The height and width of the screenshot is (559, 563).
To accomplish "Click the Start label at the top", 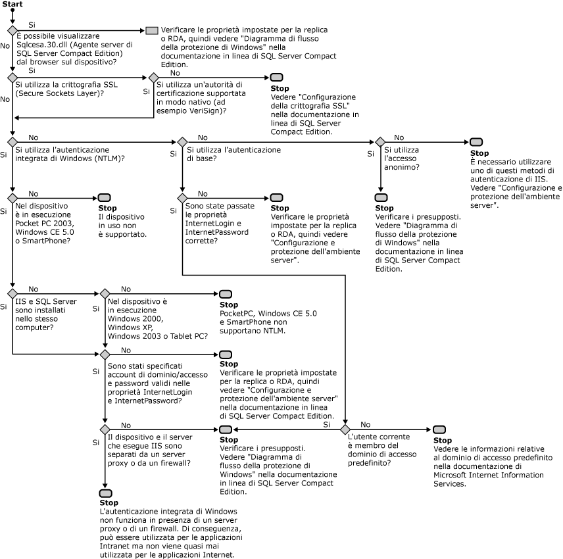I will pyautogui.click(x=12, y=5).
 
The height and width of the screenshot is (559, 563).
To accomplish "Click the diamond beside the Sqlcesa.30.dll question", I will pyautogui.click(x=12, y=30).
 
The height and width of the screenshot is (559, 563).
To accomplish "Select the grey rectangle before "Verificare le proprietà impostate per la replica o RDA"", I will pyautogui.click(x=152, y=30).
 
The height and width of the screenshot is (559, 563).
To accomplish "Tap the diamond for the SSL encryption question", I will pyautogui.click(x=12, y=77).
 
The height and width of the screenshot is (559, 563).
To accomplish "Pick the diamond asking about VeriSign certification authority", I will pyautogui.click(x=153, y=77).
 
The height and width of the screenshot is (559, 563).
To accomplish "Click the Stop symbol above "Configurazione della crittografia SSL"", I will pyautogui.click(x=277, y=78).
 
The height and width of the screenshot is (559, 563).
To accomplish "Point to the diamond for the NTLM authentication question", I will pyautogui.click(x=12, y=142).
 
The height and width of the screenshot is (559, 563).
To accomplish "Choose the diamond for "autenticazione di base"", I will pyautogui.click(x=182, y=142).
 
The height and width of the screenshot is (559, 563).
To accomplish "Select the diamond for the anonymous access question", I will pyautogui.click(x=379, y=142).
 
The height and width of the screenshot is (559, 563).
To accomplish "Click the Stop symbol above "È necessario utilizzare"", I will pyautogui.click(x=476, y=143).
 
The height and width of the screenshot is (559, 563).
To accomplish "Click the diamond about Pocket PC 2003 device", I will pyautogui.click(x=12, y=197).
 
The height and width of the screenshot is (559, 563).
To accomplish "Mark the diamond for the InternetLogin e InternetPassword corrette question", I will pyautogui.click(x=182, y=197).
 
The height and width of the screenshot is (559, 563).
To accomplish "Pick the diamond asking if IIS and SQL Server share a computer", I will pyautogui.click(x=12, y=293).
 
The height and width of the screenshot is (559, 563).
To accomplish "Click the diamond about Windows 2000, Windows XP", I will pyautogui.click(x=105, y=293).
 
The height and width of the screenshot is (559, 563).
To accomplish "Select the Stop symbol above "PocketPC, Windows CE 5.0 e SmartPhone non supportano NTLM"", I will pyautogui.click(x=225, y=293).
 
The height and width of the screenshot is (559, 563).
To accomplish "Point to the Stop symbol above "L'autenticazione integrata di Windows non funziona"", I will pyautogui.click(x=105, y=493).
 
